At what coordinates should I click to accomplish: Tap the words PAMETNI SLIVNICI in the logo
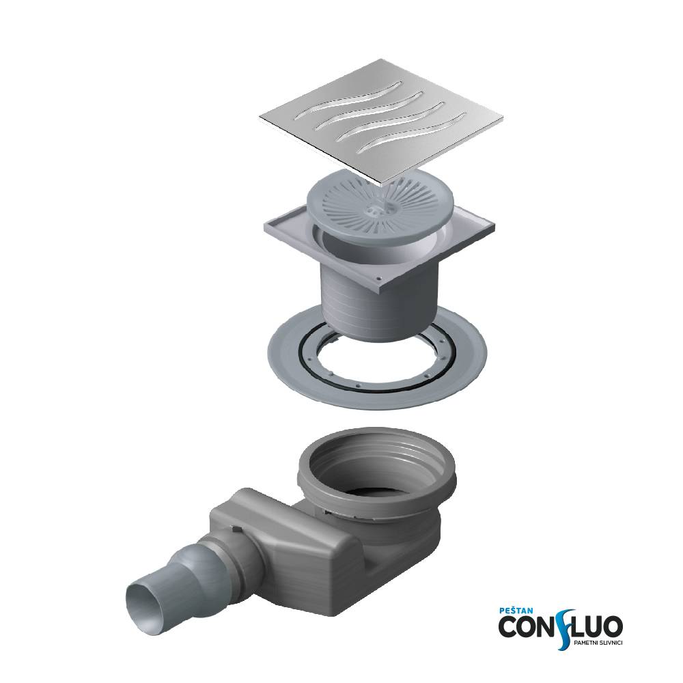(597, 643)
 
